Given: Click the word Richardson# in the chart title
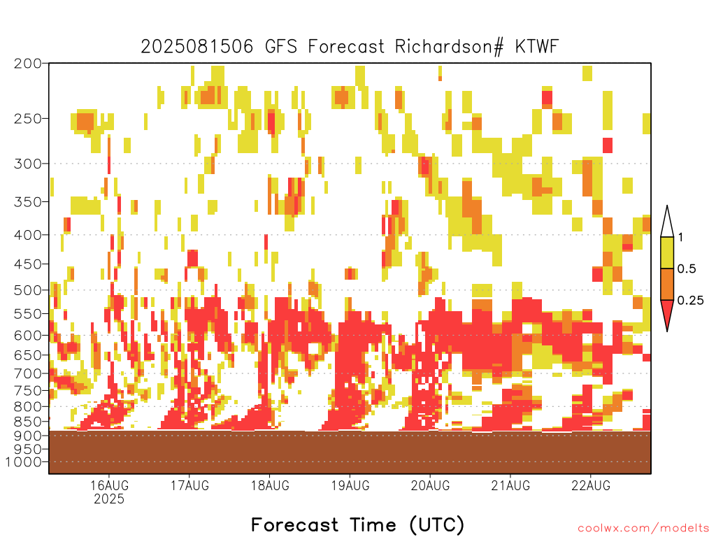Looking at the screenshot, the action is pyautogui.click(x=450, y=47).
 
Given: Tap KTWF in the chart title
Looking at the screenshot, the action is pyautogui.click(x=537, y=47).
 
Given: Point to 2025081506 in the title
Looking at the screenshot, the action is pyautogui.click(x=196, y=47).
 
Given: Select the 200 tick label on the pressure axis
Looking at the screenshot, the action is pyautogui.click(x=28, y=64).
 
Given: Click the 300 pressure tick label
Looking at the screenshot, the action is pyautogui.click(x=28, y=164).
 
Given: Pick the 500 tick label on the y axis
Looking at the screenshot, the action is pyautogui.click(x=28, y=290).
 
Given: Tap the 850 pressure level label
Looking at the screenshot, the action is pyautogui.click(x=28, y=421).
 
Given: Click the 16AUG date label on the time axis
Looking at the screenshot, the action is pyautogui.click(x=109, y=485).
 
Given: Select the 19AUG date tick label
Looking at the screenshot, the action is pyautogui.click(x=350, y=485).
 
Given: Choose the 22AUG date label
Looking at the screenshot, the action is pyautogui.click(x=591, y=485).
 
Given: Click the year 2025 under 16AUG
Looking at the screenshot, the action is pyautogui.click(x=109, y=499).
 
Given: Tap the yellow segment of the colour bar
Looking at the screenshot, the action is pyautogui.click(x=667, y=252).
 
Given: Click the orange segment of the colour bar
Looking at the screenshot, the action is pyautogui.click(x=667, y=284).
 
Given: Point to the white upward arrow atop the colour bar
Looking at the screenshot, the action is pyautogui.click(x=667, y=222).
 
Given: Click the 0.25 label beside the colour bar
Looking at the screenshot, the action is pyautogui.click(x=690, y=301).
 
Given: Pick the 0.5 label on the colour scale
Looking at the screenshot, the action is pyautogui.click(x=687, y=269).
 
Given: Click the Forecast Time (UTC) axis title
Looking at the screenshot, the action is pyautogui.click(x=357, y=525).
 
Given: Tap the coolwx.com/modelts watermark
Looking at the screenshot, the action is pyautogui.click(x=643, y=529).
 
